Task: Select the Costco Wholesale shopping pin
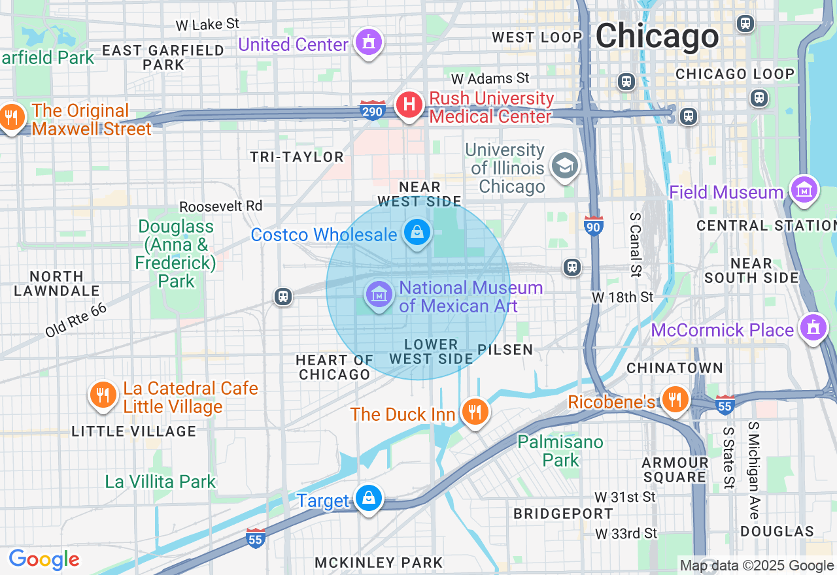pos(416,233)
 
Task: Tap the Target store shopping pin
pos(369,499)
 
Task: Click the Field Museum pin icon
pos(804,191)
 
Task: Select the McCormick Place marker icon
pos(813,328)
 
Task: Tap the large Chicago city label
pos(657,36)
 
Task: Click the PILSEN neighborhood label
pos(505,350)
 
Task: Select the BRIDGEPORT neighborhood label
pos(563,514)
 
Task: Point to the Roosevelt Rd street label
pos(220,206)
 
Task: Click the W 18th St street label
pos(623,297)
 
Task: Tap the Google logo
pos(44,559)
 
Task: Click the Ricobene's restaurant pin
pos(675,399)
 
